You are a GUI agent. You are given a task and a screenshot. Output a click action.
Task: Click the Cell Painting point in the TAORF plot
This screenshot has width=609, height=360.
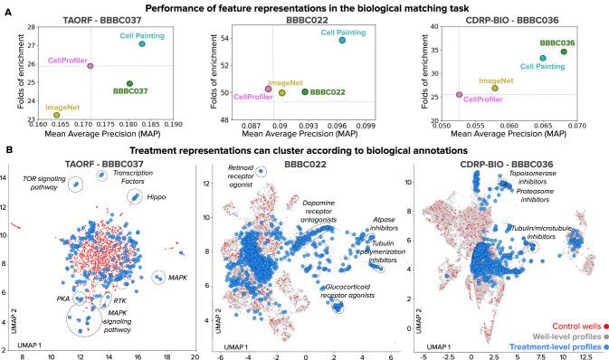142,44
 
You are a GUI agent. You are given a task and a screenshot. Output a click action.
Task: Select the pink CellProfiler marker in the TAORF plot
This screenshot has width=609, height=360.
90,65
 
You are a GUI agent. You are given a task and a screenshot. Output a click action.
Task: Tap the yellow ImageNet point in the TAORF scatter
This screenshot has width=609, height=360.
56,115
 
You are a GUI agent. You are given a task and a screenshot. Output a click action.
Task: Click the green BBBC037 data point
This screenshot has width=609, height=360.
129,84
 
